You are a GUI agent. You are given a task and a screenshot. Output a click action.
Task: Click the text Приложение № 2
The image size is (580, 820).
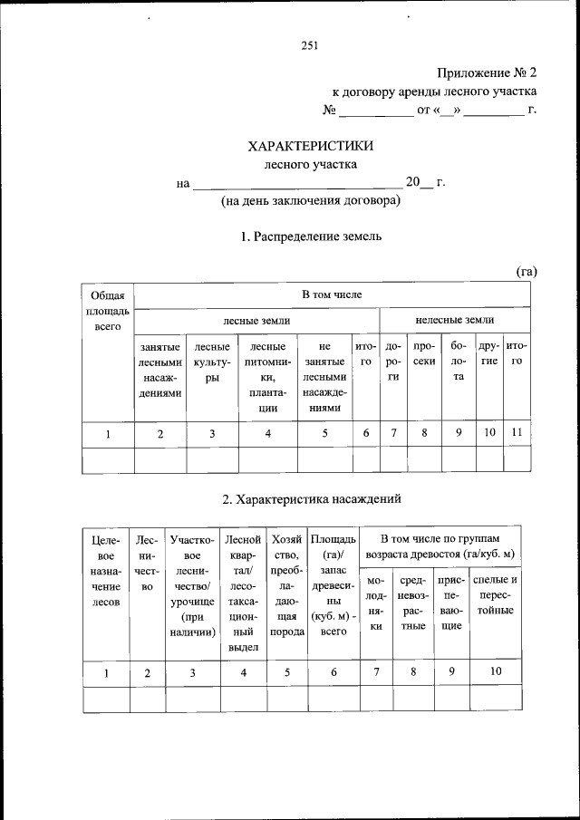(487, 72)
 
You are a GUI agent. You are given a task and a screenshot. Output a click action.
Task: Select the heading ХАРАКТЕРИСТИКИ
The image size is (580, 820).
(311, 147)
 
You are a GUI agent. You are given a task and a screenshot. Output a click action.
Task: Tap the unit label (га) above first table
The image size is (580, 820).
(527, 270)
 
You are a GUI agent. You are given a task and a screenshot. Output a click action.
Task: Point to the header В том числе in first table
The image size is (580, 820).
(332, 295)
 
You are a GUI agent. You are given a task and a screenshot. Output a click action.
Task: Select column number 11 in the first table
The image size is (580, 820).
(517, 433)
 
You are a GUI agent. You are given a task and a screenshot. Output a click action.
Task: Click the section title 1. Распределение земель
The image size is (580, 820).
(311, 236)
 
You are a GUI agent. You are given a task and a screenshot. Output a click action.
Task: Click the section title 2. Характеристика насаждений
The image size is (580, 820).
(311, 498)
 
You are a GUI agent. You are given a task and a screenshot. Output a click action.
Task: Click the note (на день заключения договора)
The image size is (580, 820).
(311, 201)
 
